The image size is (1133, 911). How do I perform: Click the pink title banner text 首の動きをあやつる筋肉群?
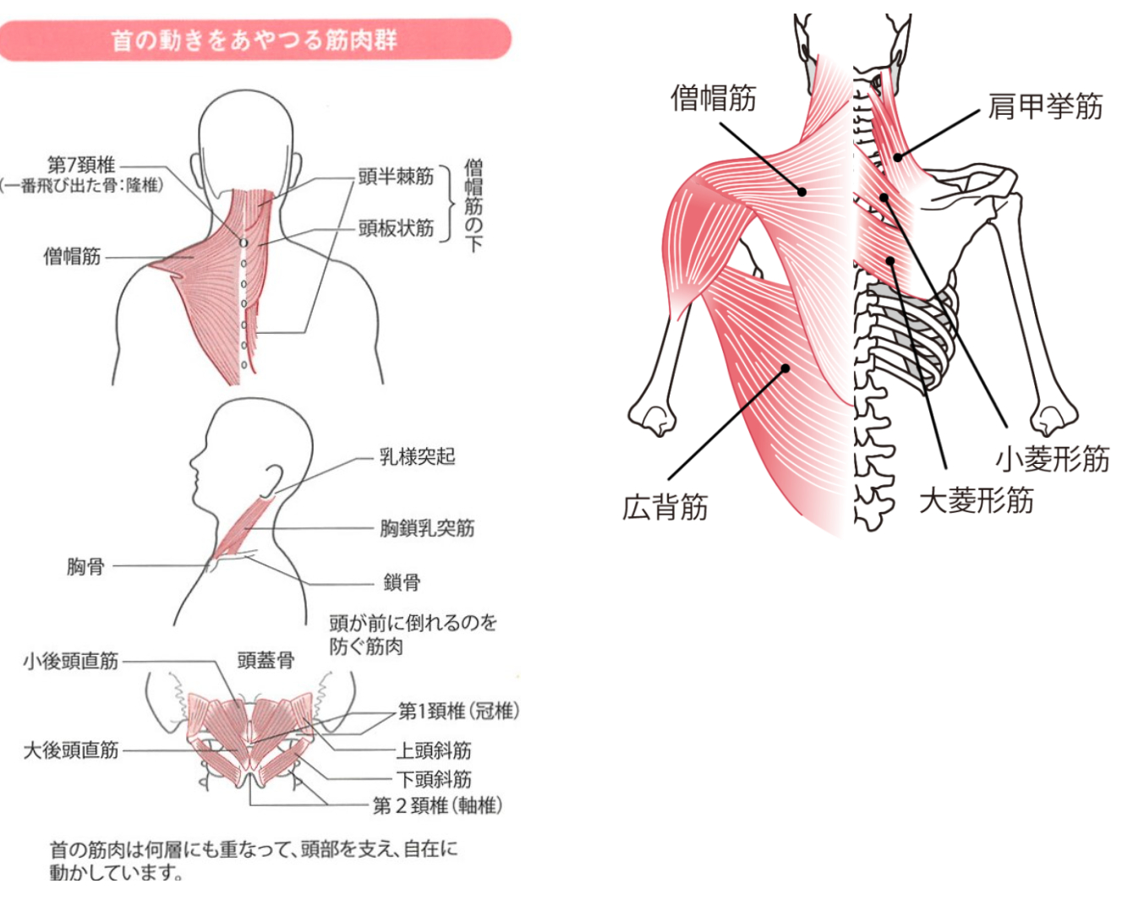pyautogui.click(x=255, y=41)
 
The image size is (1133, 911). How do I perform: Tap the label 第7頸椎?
pyautogui.click(x=81, y=166)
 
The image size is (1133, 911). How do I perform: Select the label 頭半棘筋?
pyautogui.click(x=396, y=177)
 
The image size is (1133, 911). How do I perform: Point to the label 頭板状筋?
pyautogui.click(x=396, y=228)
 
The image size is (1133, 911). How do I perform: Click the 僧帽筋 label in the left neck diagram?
pyautogui.click(x=72, y=256)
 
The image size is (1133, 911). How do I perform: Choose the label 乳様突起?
pyautogui.click(x=418, y=457)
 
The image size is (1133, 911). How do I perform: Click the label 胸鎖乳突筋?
pyautogui.click(x=427, y=528)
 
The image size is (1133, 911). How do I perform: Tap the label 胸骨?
pyautogui.click(x=85, y=567)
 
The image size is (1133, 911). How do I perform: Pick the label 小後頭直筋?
pyautogui.click(x=71, y=662)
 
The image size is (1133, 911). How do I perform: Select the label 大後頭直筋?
pyautogui.click(x=71, y=750)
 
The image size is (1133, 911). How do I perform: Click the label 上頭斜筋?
pyautogui.click(x=434, y=750)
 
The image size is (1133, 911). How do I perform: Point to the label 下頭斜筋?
pyautogui.click(x=434, y=779)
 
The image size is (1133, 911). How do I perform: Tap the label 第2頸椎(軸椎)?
pyautogui.click(x=437, y=805)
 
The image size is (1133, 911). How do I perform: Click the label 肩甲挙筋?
pyautogui.click(x=1045, y=106)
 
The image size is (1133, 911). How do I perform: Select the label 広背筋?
pyautogui.click(x=665, y=507)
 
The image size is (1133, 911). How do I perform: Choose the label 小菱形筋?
pyautogui.click(x=1053, y=459)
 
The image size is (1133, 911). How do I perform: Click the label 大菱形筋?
pyautogui.click(x=977, y=500)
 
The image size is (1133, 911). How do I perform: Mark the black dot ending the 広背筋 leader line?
pyautogui.click(x=785, y=368)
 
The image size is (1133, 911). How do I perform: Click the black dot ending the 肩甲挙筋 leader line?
pyautogui.click(x=898, y=157)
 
